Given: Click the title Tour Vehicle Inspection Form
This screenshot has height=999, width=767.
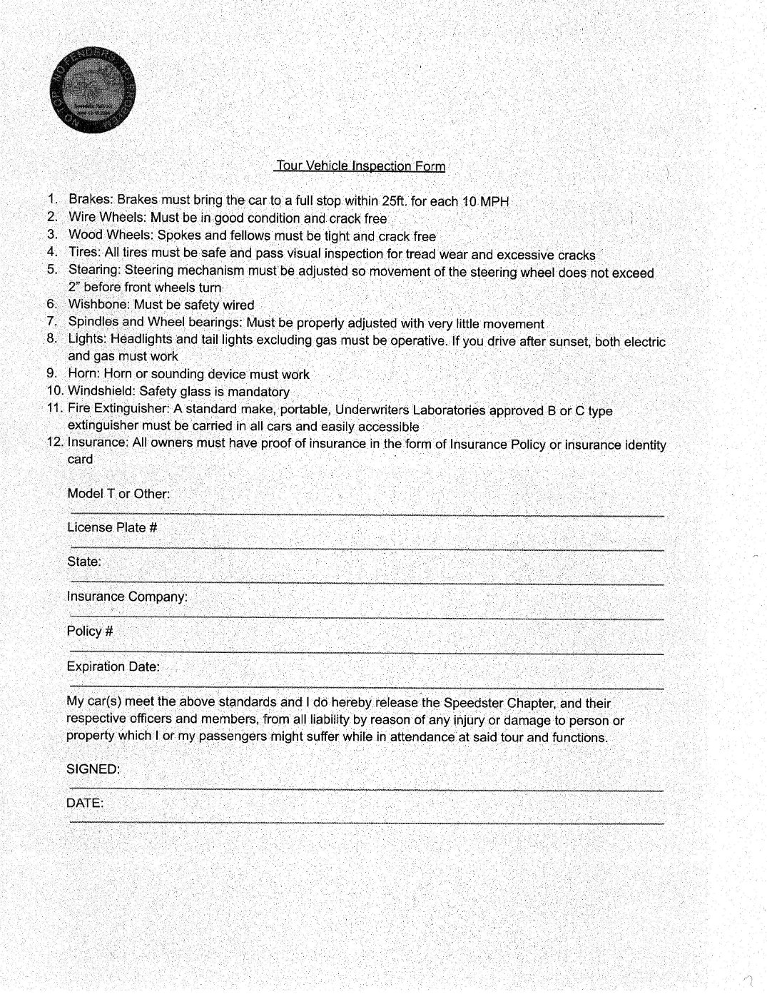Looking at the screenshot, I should tap(360, 166).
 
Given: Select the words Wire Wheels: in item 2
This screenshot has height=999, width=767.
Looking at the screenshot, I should tap(107, 217).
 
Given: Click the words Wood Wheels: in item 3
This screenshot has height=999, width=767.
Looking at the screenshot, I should tap(111, 235).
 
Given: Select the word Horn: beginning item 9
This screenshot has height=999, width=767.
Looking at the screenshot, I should tap(84, 373).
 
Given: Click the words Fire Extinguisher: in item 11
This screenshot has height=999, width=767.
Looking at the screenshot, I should tap(118, 408).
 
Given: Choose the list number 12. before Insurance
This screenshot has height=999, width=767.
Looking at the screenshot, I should tap(55, 442).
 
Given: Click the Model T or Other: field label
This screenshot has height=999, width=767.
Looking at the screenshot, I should tap(118, 494).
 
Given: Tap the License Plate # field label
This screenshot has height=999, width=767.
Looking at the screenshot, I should tap(112, 527).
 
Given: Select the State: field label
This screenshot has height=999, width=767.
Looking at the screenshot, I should tap(84, 562).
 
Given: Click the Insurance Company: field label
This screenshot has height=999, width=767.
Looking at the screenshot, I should tap(127, 597).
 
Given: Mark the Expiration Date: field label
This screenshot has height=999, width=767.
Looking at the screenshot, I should tap(113, 666).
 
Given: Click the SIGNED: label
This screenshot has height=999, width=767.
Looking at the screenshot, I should tap(93, 769).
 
